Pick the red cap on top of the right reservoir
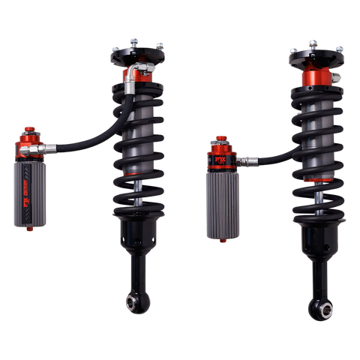(221, 140)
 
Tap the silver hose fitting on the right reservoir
(249, 159)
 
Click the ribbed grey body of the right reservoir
(221, 202)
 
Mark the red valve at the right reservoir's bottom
(222, 240)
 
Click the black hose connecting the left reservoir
(90, 138)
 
